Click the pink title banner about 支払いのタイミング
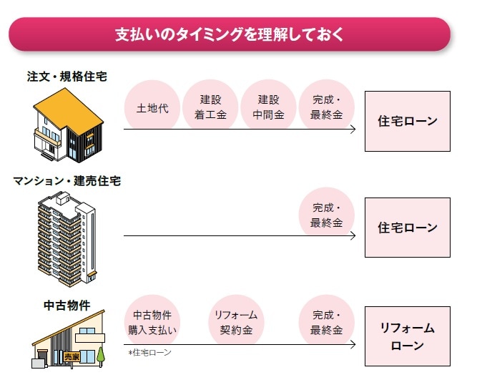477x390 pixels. click(x=229, y=34)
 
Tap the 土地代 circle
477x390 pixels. click(x=152, y=109)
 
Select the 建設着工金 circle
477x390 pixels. click(x=210, y=107)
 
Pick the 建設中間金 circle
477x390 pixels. click(x=268, y=107)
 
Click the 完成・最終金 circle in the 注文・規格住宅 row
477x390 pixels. click(x=326, y=107)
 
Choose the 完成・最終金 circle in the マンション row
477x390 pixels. click(x=326, y=215)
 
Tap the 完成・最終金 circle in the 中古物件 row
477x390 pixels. click(x=326, y=323)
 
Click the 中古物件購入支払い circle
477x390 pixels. click(x=152, y=323)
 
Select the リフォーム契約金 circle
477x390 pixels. click(x=236, y=323)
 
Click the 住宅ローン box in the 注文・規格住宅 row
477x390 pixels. click(x=407, y=121)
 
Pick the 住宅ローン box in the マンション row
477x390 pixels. click(x=407, y=228)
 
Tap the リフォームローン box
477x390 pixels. click(x=407, y=336)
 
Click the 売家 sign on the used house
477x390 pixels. click(x=72, y=356)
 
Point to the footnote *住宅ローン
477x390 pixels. click(x=149, y=353)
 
